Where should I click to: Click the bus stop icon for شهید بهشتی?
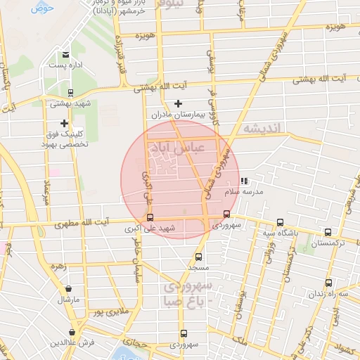click(x=70, y=92)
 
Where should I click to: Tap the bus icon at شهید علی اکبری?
click(x=149, y=217)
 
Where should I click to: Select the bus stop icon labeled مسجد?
click(x=198, y=257)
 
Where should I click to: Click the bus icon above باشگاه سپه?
click(x=281, y=222)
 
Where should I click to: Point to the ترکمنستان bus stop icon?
click(x=328, y=232)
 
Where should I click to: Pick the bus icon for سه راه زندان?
click(x=328, y=283)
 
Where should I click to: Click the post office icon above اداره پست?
click(x=65, y=54)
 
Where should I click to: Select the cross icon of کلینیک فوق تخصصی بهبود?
click(x=64, y=123)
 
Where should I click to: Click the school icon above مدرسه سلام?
click(x=243, y=181)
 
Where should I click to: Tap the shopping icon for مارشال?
click(x=68, y=288)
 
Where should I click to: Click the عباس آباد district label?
click(x=172, y=148)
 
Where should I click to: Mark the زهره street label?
click(x=58, y=266)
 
